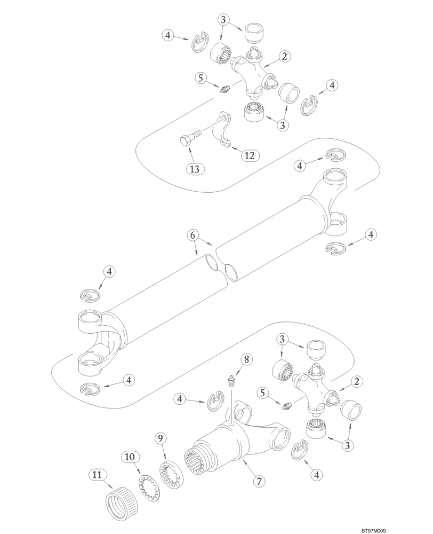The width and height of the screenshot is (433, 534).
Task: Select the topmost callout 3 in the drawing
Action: point(223,20)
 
